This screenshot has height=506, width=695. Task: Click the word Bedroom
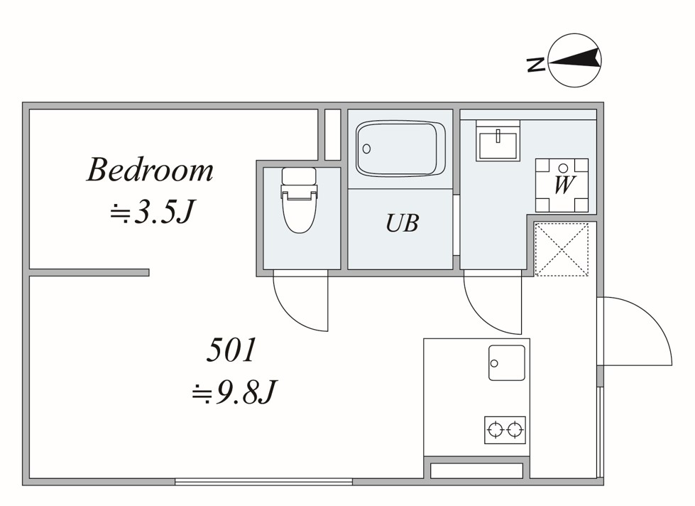coord(150,170)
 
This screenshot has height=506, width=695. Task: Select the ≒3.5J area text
coord(152,212)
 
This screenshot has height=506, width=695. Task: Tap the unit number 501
coord(231,350)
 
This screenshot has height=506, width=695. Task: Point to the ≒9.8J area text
coord(234,392)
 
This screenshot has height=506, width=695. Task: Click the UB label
coord(402,223)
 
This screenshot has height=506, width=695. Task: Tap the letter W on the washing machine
coord(564,185)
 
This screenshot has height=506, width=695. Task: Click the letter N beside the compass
coord(536,65)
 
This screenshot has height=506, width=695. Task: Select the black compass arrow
coord(576,59)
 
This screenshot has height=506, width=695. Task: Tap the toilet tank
coord(299,176)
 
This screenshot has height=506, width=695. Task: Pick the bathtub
coord(400,149)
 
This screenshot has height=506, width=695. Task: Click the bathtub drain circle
coord(366,149)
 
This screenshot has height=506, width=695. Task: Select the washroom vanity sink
coord(498,140)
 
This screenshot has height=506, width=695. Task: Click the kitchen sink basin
coord(507,362)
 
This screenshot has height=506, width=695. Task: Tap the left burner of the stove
coord(495,430)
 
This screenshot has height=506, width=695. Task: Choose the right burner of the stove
coord(515,430)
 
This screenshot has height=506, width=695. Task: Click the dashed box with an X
coord(562,249)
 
